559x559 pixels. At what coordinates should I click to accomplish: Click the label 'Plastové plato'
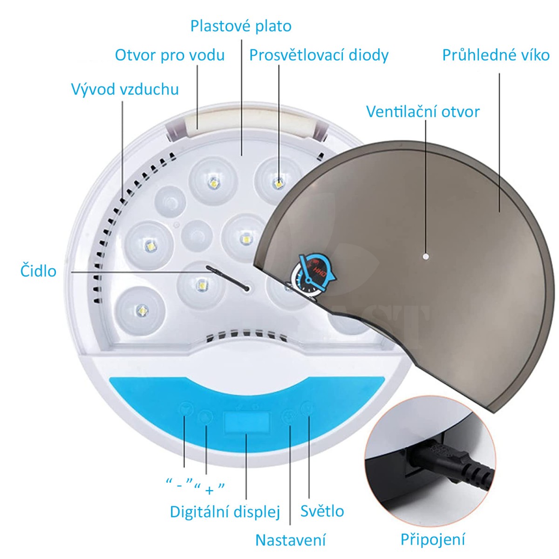click(241, 26)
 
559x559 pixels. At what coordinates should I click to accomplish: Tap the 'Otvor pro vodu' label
click(170, 55)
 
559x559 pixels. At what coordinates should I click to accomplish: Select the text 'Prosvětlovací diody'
click(319, 55)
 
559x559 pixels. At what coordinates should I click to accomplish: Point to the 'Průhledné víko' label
click(496, 55)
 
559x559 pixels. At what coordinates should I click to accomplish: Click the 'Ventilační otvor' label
click(423, 112)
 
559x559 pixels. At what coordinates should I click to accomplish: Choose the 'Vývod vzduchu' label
click(125, 89)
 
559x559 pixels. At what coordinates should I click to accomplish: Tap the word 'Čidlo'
click(38, 271)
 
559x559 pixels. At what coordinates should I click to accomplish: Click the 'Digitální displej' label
click(225, 511)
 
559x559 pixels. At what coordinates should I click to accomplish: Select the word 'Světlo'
click(322, 511)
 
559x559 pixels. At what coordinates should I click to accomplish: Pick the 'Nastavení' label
click(290, 540)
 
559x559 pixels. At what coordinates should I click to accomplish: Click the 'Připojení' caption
click(433, 539)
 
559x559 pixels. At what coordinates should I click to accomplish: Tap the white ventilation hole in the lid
click(425, 256)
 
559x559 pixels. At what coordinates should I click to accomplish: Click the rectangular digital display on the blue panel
click(247, 422)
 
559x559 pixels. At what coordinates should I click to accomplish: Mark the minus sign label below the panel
click(180, 485)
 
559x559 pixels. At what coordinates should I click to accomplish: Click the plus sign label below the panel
click(209, 489)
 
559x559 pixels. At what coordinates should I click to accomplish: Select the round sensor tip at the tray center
click(246, 289)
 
